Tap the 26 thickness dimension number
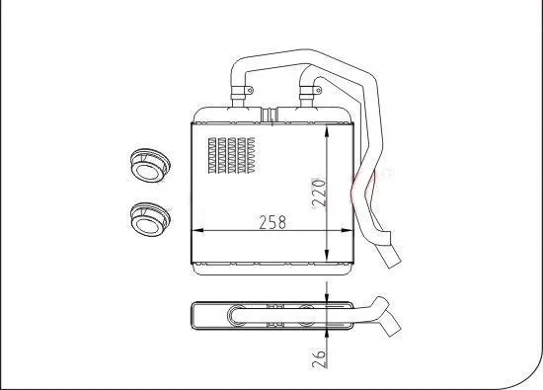pyautogui.click(x=318, y=357)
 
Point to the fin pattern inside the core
pyautogui.click(x=232, y=154)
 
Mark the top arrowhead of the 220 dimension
pyautogui.click(x=328, y=127)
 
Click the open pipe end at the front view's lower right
pyautogui.click(x=391, y=260)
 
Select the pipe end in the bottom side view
pyautogui.click(x=392, y=322)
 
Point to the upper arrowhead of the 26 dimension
pyautogui.click(x=328, y=295)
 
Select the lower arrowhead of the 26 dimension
pyautogui.click(x=328, y=336)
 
